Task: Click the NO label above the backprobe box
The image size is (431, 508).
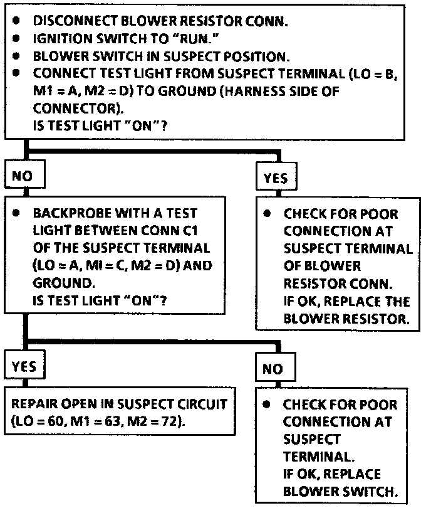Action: [x=23, y=176]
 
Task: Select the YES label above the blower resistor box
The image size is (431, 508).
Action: [x=276, y=178]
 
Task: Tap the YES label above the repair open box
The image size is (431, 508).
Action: [x=25, y=366]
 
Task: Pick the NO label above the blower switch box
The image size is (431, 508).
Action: [x=273, y=369]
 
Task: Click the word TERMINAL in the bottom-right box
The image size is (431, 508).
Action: [x=311, y=457]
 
